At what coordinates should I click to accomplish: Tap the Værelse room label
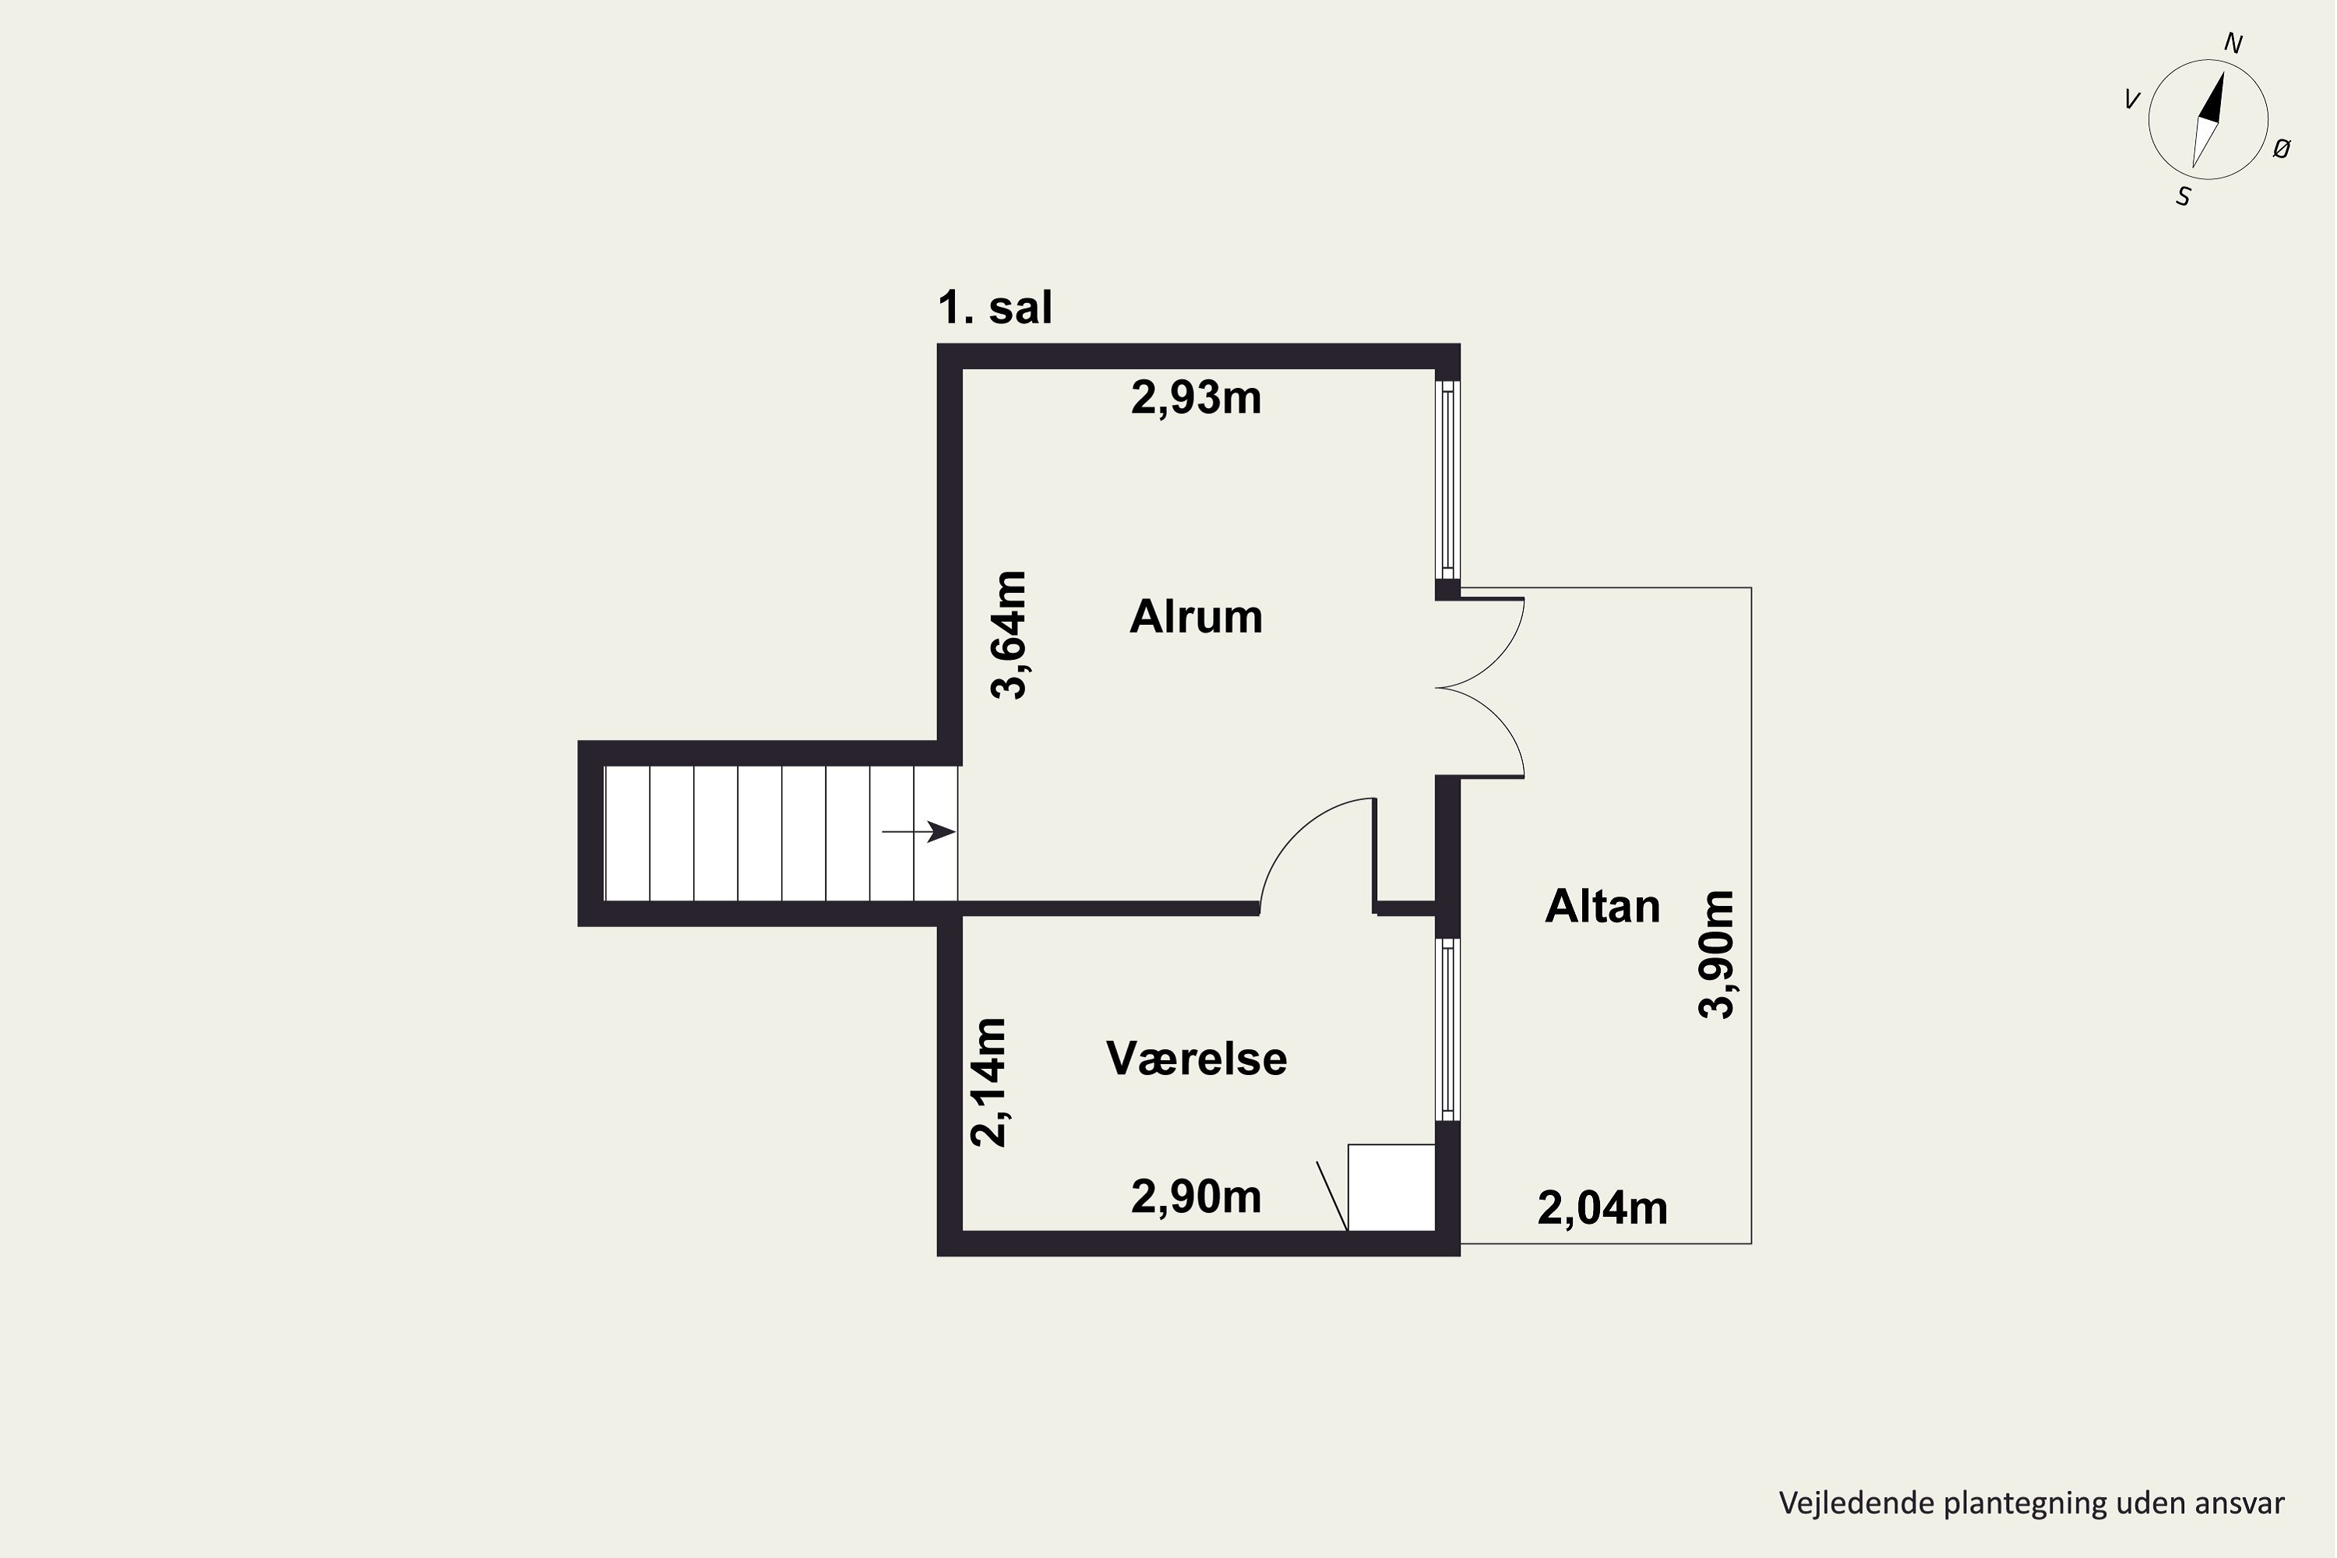1197,1058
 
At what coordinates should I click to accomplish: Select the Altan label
1602,906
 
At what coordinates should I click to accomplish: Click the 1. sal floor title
995,307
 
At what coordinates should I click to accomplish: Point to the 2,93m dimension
1197,398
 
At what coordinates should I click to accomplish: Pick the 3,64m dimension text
1010,635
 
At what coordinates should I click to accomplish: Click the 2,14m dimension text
989,1082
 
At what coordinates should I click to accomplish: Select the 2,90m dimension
1197,1197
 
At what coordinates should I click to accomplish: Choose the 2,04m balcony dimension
1602,1208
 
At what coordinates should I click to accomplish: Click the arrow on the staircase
919,832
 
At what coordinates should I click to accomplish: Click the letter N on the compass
2233,44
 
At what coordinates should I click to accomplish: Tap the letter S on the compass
2183,198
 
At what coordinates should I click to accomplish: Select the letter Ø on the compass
2282,149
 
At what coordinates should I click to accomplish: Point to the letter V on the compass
2131,100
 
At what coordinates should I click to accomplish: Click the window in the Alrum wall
1447,479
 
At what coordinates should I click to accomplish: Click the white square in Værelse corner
1391,1187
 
